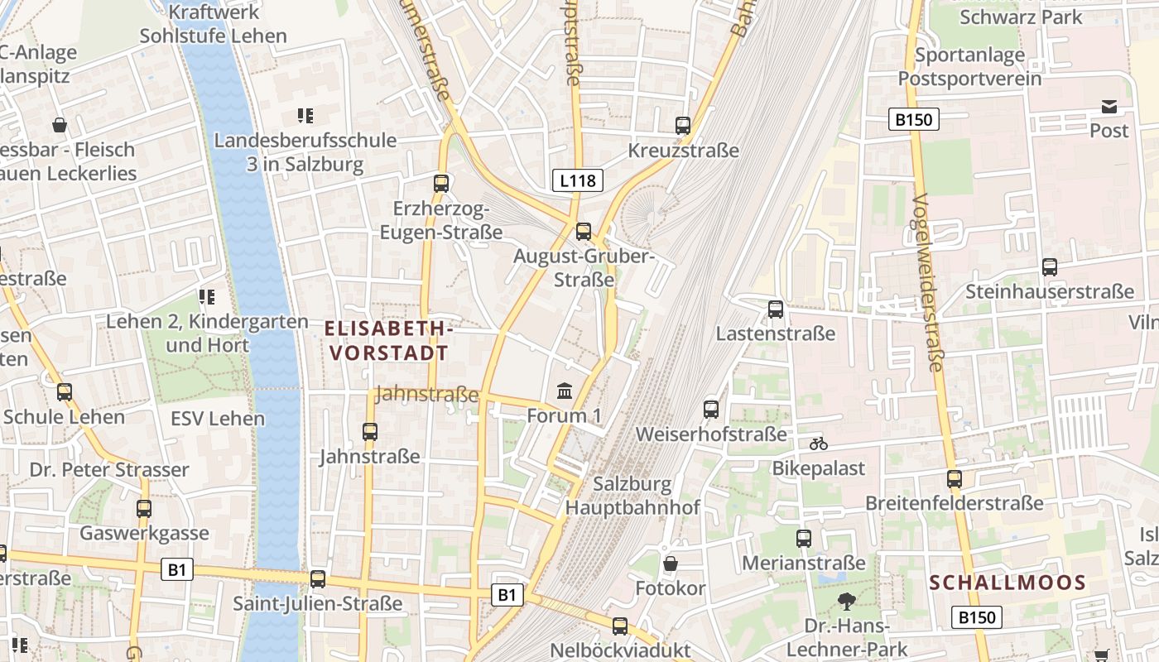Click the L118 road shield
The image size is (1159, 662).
[x=578, y=180]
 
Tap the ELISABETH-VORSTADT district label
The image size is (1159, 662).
[x=388, y=341]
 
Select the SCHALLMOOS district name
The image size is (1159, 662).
[x=1008, y=583]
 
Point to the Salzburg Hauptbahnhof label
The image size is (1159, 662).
[x=632, y=496]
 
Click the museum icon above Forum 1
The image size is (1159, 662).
[x=565, y=390]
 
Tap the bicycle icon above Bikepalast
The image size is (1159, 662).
[x=819, y=444]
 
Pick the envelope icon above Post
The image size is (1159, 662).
[x=1109, y=107]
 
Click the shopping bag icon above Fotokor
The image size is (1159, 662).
[x=671, y=564]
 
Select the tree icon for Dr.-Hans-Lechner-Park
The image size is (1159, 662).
[x=846, y=602]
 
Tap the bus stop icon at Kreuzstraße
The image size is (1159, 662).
[x=683, y=126]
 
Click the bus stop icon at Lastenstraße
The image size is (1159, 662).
[x=776, y=309]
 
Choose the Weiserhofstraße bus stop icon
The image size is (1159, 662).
[x=711, y=409]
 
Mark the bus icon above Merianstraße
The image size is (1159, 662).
[x=804, y=539]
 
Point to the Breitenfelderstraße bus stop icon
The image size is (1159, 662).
[x=955, y=479]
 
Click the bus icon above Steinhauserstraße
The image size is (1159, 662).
[x=1050, y=267]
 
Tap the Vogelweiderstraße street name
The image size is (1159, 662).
[x=928, y=283]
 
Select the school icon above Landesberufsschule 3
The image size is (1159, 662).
[x=305, y=116]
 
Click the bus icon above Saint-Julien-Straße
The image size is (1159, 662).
[x=318, y=579]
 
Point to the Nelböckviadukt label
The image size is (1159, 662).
[x=620, y=650]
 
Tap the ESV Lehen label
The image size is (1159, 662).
[x=218, y=418]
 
